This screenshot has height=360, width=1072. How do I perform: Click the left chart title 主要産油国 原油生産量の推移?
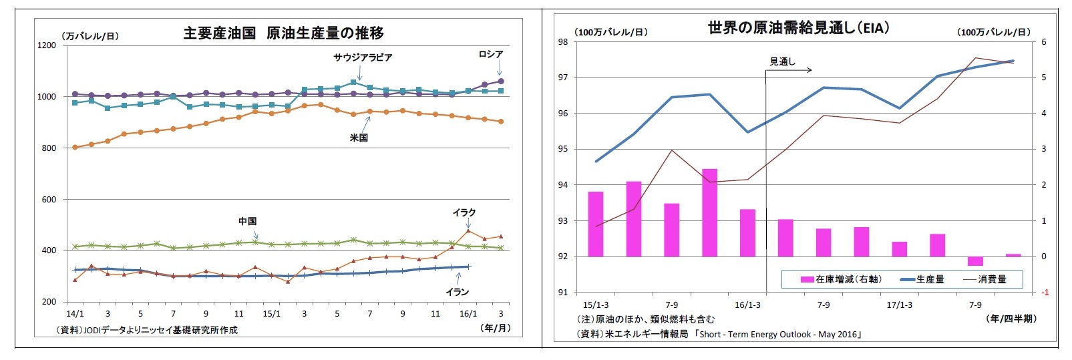click(283, 33)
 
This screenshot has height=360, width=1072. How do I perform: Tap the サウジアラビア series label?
click(363, 57)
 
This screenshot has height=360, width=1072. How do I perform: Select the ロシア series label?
click(490, 54)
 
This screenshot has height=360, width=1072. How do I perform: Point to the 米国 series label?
click(359, 138)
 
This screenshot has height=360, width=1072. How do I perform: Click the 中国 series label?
click(248, 221)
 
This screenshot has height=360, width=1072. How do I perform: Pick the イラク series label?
click(464, 212)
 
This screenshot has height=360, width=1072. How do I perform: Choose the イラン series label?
click(457, 292)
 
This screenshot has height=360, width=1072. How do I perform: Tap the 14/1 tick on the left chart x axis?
click(75, 314)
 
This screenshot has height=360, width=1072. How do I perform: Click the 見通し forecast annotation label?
click(782, 61)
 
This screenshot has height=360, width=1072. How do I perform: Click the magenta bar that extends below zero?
click(975, 261)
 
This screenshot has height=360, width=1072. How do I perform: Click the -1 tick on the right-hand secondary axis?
click(1045, 293)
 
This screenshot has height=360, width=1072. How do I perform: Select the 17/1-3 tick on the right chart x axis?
click(899, 305)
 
